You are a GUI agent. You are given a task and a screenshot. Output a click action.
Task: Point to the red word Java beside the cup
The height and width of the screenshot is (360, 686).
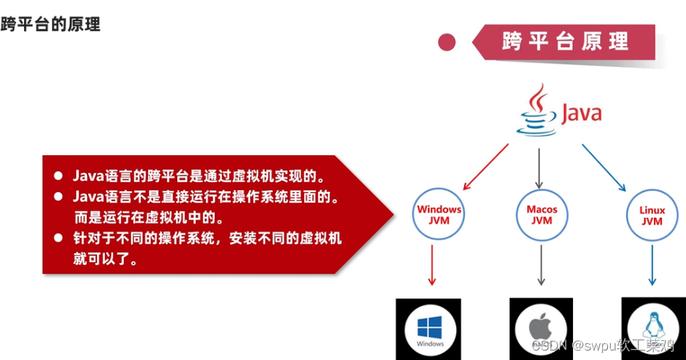(x=582, y=114)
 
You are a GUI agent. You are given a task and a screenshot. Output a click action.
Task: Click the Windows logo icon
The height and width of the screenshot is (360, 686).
(x=429, y=328)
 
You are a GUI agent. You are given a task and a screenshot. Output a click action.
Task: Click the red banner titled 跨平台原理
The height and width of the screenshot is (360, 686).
(x=565, y=42)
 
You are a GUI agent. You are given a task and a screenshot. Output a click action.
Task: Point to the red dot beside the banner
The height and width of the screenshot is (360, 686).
(x=447, y=42)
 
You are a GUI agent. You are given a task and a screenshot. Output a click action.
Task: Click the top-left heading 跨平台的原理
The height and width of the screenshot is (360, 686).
(x=50, y=24)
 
